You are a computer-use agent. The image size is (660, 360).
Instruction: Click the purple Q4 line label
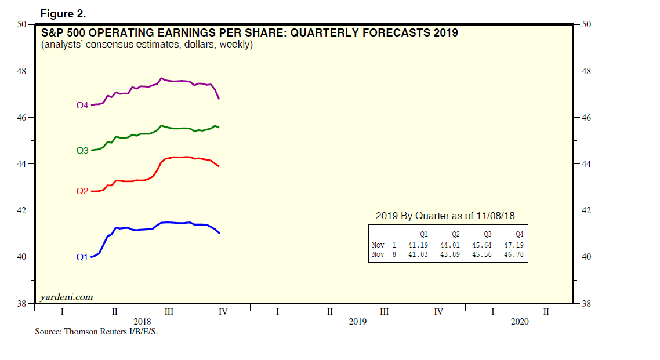[82, 106]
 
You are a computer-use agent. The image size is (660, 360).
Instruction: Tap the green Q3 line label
[82, 150]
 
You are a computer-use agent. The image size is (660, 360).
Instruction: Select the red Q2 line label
[82, 191]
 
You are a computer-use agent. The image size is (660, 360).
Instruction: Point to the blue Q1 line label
[82, 257]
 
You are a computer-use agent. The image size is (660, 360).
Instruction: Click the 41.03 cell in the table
[418, 254]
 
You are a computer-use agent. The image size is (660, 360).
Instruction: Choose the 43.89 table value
[450, 254]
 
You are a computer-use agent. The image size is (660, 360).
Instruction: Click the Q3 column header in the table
[487, 235]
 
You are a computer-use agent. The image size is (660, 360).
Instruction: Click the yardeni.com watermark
[66, 297]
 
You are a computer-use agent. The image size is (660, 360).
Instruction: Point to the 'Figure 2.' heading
[63, 13]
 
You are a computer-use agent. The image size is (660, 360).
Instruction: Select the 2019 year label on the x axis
[357, 322]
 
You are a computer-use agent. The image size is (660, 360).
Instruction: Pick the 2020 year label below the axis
[520, 322]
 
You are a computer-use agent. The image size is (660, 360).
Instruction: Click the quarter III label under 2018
[169, 312]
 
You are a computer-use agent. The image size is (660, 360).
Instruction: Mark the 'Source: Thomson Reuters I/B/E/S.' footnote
[96, 333]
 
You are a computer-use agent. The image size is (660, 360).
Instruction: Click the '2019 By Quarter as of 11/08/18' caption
[445, 216]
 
